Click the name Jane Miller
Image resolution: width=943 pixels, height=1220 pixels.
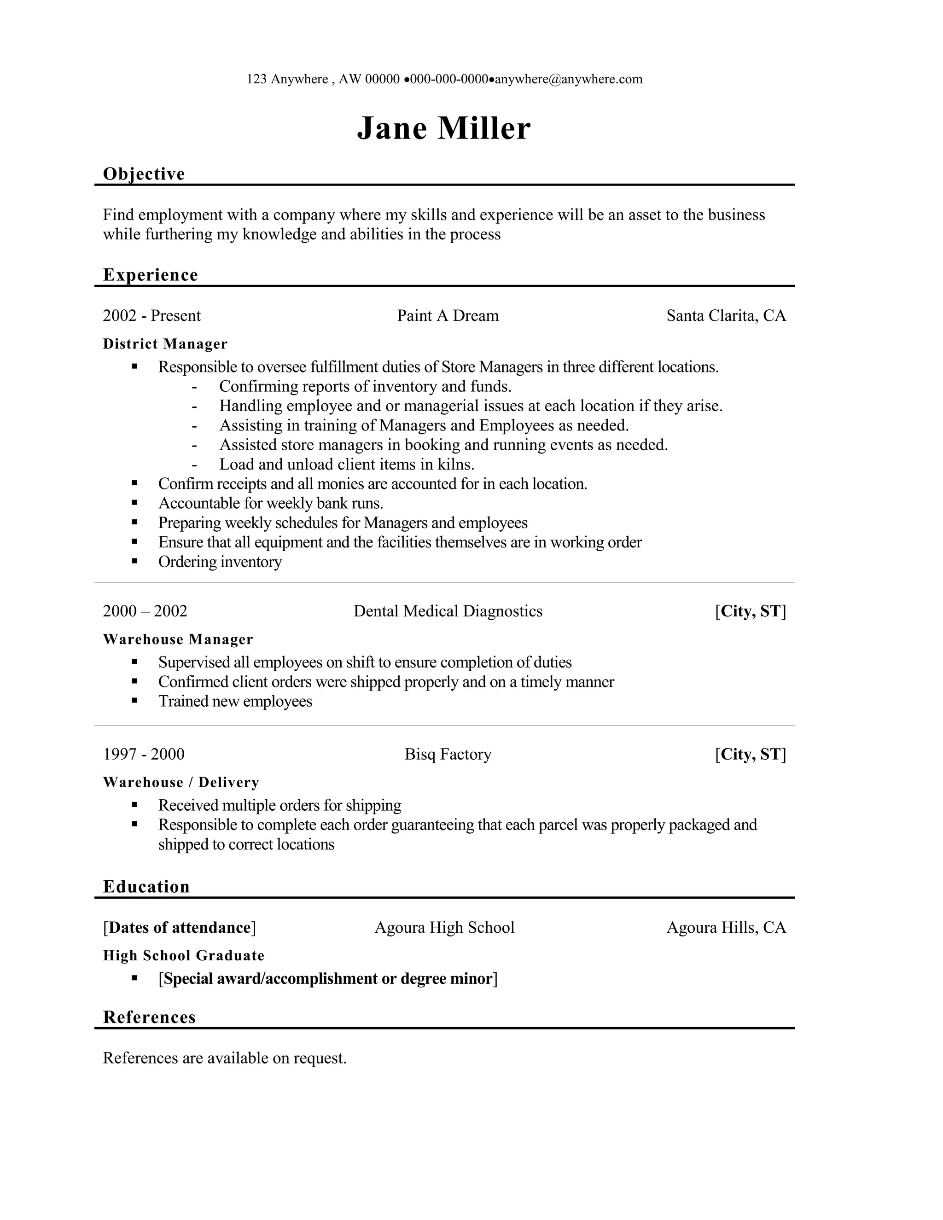tap(443, 128)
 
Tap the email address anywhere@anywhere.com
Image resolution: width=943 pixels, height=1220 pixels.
tap(569, 79)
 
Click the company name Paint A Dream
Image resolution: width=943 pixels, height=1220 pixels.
tap(448, 316)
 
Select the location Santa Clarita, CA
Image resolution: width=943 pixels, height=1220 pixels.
tap(726, 316)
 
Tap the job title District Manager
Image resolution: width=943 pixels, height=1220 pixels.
tap(165, 344)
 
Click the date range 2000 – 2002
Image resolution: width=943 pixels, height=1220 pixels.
tap(145, 611)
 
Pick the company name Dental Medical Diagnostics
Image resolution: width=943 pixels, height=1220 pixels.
tap(448, 611)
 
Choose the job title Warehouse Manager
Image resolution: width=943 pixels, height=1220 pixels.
tap(178, 639)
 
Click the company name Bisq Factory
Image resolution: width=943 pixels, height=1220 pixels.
tap(448, 754)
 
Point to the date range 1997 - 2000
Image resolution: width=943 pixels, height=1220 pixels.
tap(144, 754)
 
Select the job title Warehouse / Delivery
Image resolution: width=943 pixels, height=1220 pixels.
tap(181, 783)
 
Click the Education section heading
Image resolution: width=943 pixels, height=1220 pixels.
tap(146, 887)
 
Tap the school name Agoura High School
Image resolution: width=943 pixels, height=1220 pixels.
tap(444, 927)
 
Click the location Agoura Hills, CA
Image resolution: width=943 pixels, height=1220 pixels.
tap(726, 927)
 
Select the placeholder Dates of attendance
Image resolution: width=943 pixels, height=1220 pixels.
tap(179, 927)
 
